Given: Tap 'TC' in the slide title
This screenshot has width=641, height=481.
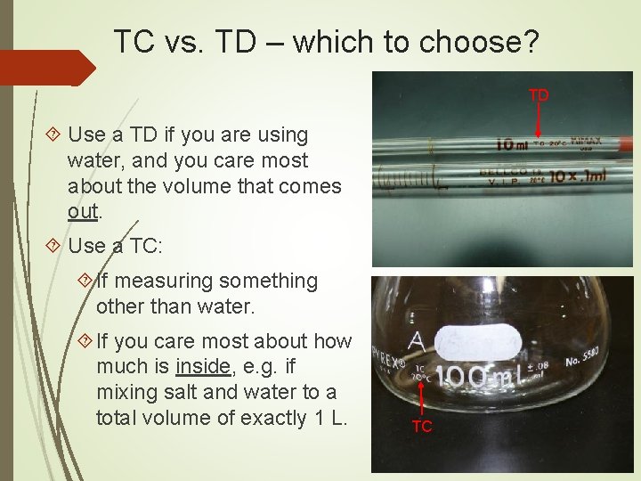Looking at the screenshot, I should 135,41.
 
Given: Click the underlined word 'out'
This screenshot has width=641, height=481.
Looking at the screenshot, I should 85,212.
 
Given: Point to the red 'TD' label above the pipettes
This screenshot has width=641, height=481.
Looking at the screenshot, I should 540,95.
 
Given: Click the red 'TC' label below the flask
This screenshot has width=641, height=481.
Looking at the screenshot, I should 422,427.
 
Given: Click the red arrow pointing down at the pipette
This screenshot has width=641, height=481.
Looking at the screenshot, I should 540,119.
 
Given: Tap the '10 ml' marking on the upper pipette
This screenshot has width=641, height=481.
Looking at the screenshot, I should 515,143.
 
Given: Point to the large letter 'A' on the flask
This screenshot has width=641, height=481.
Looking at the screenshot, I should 417,341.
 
